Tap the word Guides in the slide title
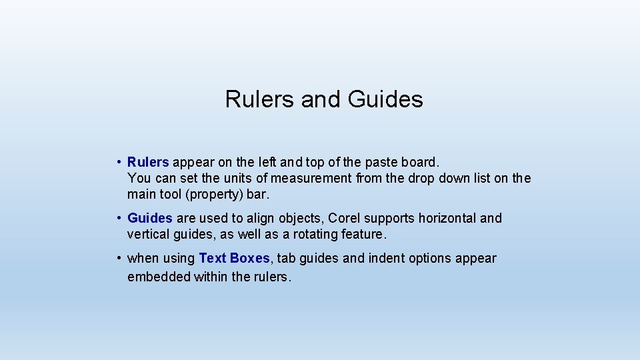pyautogui.click(x=385, y=99)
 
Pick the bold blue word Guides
pyautogui.click(x=150, y=218)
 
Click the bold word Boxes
pyautogui.click(x=250, y=258)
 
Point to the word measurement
pyautogui.click(x=315, y=178)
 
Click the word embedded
pyautogui.click(x=159, y=277)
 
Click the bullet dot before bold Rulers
pyautogui.click(x=117, y=162)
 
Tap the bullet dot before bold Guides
pyautogui.click(x=117, y=218)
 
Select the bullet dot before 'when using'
pyautogui.click(x=117, y=258)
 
